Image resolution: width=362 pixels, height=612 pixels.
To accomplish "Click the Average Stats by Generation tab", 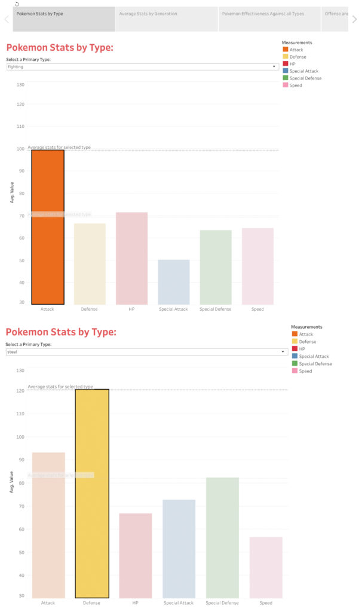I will pyautogui.click(x=167, y=13).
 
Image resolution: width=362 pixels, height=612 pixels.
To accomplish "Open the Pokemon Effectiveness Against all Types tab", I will pyautogui.click(x=269, y=13).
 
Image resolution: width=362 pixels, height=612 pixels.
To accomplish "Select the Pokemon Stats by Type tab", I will pyautogui.click(x=63, y=13).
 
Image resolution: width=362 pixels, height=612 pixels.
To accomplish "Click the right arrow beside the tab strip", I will pyautogui.click(x=354, y=19).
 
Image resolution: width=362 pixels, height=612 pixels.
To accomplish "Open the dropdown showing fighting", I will pyautogui.click(x=142, y=67).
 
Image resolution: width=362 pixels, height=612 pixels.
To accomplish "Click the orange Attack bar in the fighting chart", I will pyautogui.click(x=47, y=227).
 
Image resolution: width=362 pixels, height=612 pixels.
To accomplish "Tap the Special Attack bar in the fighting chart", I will pyautogui.click(x=173, y=282).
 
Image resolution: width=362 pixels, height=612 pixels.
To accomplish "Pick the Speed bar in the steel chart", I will pyautogui.click(x=266, y=567).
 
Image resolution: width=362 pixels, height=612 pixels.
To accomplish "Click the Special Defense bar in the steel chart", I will pyautogui.click(x=222, y=537).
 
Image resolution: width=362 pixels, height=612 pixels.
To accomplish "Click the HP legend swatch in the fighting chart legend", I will pyautogui.click(x=285, y=64).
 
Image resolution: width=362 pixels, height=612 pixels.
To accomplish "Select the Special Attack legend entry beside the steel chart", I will pyautogui.click(x=314, y=356).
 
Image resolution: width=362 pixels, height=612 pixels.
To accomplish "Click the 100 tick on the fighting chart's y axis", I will pyautogui.click(x=20, y=149).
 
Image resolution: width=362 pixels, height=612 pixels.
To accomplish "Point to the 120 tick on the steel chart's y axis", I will pyautogui.click(x=20, y=390).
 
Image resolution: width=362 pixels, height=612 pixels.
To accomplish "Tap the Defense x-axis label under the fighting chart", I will pyautogui.click(x=90, y=310).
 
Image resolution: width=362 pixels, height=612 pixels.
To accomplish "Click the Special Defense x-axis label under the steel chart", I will pyautogui.click(x=222, y=603).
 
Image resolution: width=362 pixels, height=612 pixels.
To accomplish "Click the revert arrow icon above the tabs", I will pyautogui.click(x=17, y=4).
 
